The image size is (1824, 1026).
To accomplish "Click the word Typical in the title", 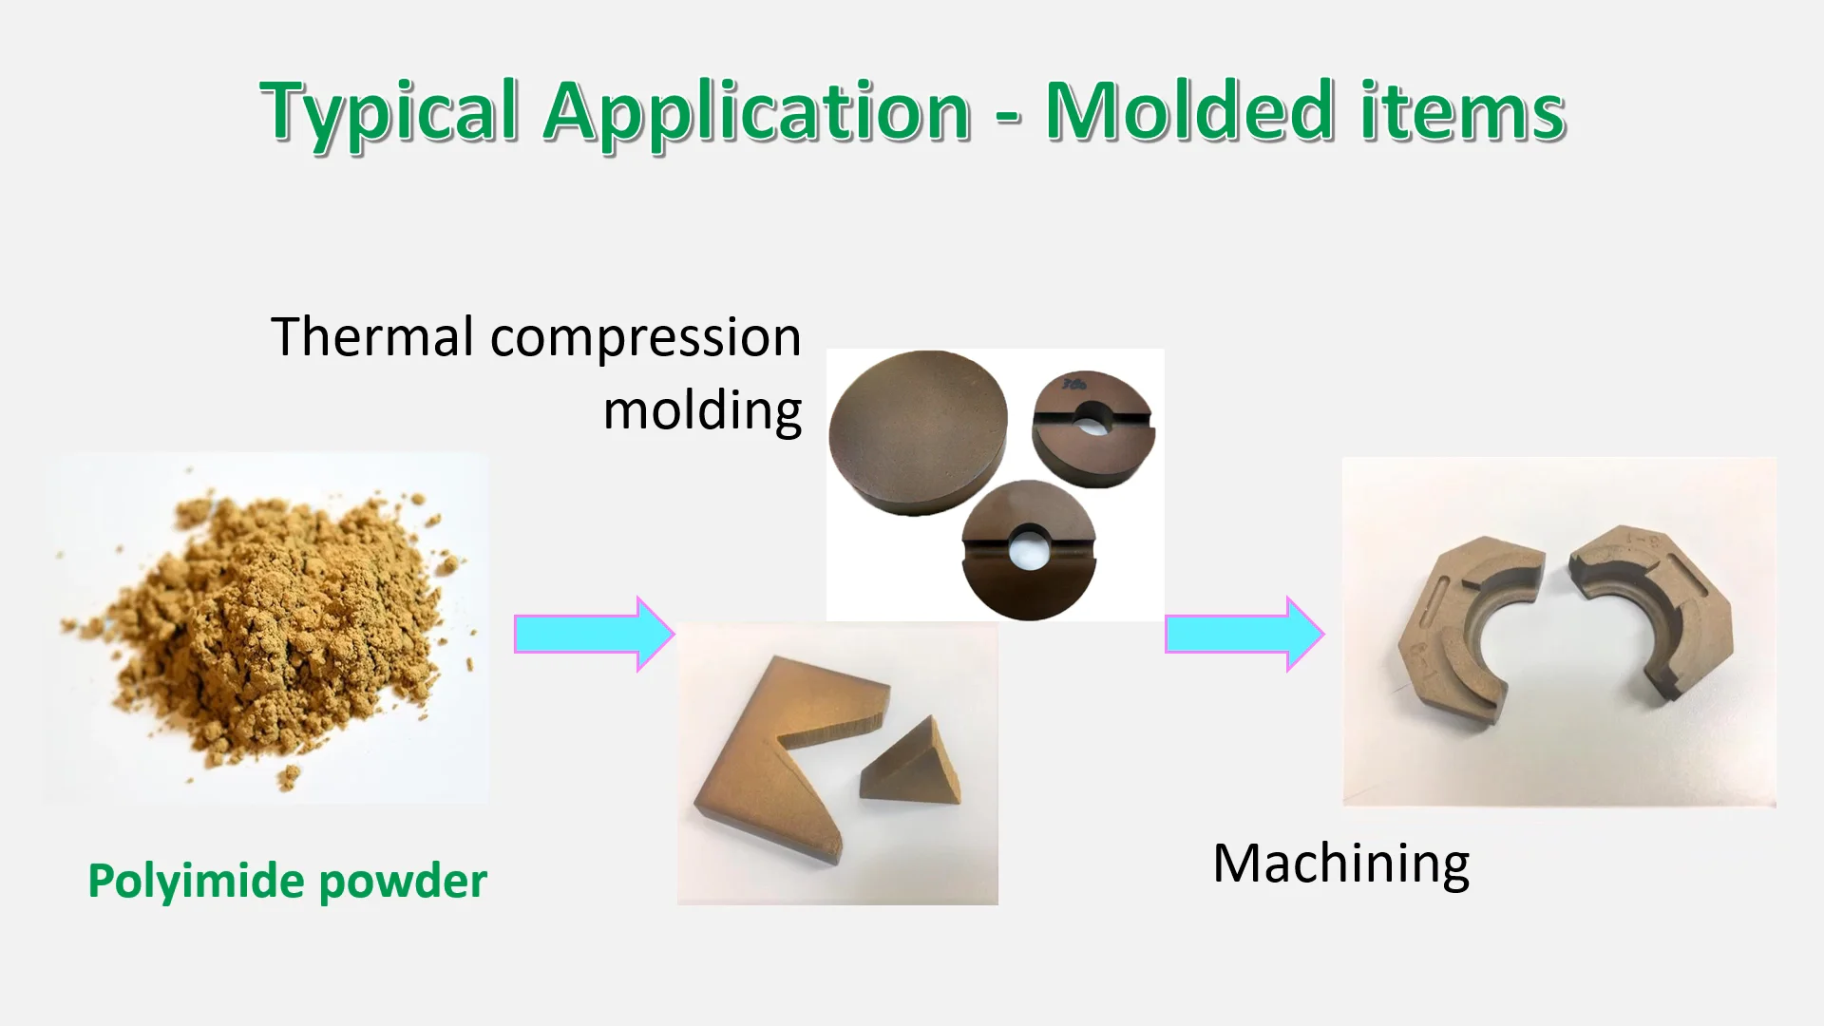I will click(x=389, y=112).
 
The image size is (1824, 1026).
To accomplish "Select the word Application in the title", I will click(x=756, y=112).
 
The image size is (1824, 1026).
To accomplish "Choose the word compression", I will click(x=645, y=338).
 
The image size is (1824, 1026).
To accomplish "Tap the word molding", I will click(x=702, y=411).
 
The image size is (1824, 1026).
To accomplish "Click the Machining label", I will click(x=1340, y=864).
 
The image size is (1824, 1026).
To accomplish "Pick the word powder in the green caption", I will click(x=403, y=883).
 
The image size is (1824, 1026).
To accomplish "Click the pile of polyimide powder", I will click(x=275, y=627).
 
